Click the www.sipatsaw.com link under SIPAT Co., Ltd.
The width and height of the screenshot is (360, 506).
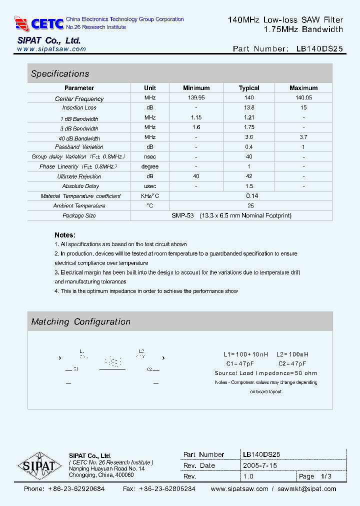coord(51,49)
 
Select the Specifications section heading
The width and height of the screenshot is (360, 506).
coord(60,73)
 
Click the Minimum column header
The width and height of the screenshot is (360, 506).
coord(196,88)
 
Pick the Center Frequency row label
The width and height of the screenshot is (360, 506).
coord(79,99)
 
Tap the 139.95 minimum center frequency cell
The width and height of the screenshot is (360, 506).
coord(196,98)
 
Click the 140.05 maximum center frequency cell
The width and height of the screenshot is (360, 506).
coord(303,98)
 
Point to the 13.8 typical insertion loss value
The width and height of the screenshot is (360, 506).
coord(249,107)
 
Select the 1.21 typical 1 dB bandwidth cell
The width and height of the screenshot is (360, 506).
coord(249,117)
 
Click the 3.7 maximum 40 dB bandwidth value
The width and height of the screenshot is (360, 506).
coord(303,137)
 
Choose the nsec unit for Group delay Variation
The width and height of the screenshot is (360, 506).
coord(150,156)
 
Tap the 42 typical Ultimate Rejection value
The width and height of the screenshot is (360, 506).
coord(249,176)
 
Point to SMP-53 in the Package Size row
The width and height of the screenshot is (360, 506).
coord(183,215)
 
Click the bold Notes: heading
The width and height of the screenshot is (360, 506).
coord(65,235)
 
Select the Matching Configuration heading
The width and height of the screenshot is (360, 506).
coord(80,322)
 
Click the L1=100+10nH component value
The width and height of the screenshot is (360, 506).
coord(246,354)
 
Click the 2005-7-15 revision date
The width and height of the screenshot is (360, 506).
coord(260,465)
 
